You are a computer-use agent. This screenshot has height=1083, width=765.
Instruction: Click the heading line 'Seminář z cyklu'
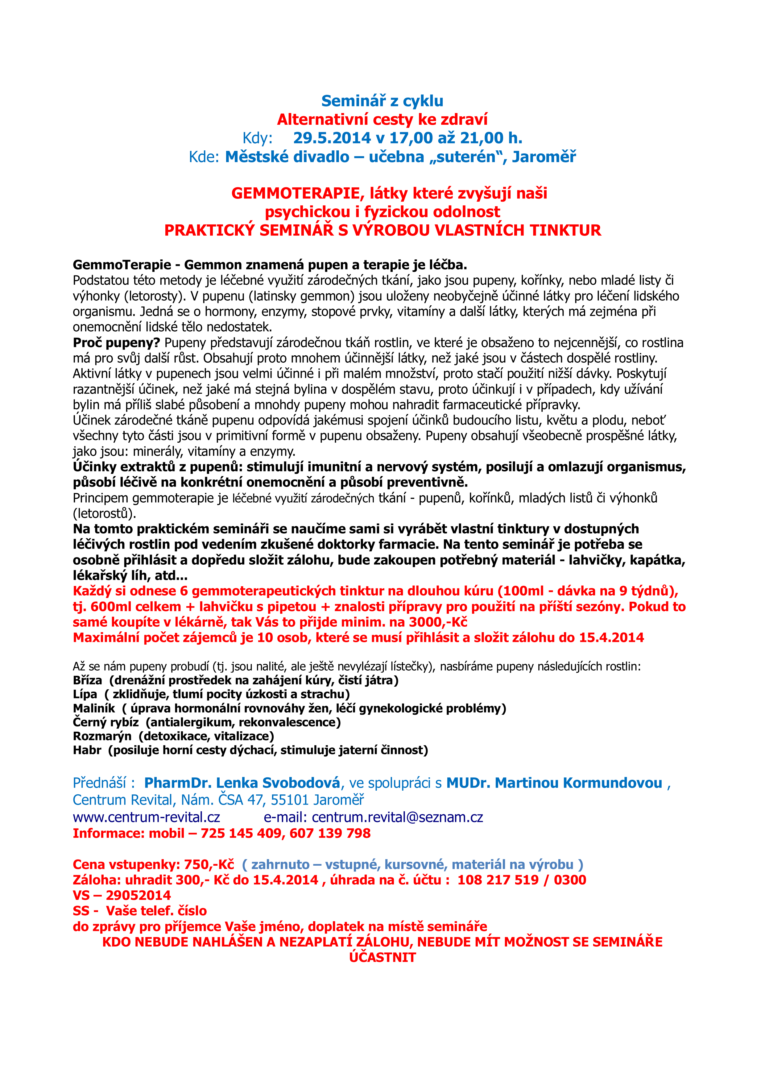coord(382,101)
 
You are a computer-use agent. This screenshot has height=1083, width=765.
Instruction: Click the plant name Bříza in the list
coord(88,680)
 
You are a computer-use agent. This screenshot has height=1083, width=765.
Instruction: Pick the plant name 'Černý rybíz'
coord(106,722)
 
